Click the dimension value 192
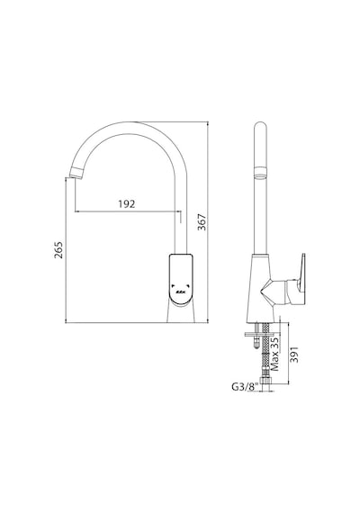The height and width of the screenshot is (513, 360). (127, 203)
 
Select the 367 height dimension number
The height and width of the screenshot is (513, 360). (202, 222)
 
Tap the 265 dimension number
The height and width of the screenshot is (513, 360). (58, 250)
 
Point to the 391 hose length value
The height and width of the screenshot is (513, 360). (294, 355)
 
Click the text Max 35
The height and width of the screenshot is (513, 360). (275, 354)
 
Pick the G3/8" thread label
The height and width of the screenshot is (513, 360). (244, 387)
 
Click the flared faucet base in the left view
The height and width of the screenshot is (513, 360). (181, 313)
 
